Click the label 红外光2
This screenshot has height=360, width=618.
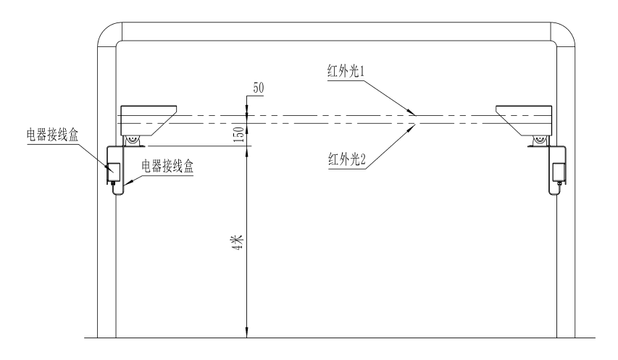(350, 158)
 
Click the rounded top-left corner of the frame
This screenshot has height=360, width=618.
(108, 35)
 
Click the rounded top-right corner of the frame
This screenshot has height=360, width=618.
(564, 35)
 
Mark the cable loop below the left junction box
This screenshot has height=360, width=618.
(116, 191)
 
